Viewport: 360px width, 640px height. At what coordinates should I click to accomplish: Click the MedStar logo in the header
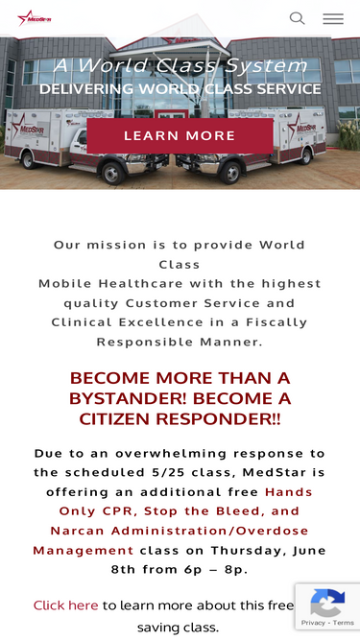pyautogui.click(x=35, y=18)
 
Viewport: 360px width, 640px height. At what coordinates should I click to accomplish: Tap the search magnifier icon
pyautogui.click(x=298, y=18)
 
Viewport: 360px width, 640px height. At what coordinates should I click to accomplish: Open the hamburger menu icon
pyautogui.click(x=333, y=19)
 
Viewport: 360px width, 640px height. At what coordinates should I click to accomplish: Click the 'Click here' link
pyautogui.click(x=65, y=604)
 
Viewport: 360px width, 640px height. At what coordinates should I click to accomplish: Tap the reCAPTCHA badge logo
pyautogui.click(x=327, y=603)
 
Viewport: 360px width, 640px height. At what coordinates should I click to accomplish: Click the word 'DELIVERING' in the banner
pyautogui.click(x=86, y=88)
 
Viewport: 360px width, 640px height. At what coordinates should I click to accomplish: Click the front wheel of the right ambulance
pyautogui.click(x=231, y=173)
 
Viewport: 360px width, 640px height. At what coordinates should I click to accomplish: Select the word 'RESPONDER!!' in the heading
pyautogui.click(x=218, y=418)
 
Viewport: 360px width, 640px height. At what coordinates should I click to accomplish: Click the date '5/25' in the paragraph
pyautogui.click(x=166, y=472)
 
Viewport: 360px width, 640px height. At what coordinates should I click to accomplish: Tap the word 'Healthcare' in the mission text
pyautogui.click(x=140, y=283)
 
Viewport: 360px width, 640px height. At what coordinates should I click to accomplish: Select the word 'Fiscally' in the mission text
pyautogui.click(x=276, y=322)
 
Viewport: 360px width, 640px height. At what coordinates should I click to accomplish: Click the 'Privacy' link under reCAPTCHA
pyautogui.click(x=313, y=623)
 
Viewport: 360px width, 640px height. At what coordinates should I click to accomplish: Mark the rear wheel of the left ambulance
pyautogui.click(x=30, y=160)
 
